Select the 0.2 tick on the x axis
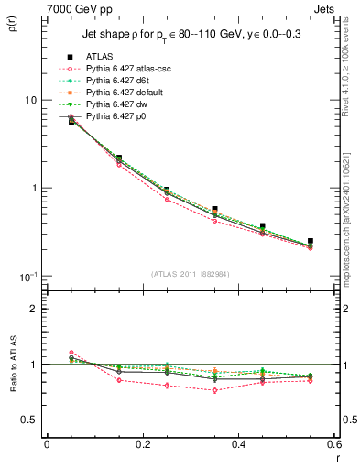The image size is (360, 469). tap(143, 444)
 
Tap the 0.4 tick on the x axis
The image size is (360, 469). tap(239, 444)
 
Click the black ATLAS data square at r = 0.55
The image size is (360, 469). tap(311, 241)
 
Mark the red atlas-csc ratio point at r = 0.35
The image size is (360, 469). tap(214, 390)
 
